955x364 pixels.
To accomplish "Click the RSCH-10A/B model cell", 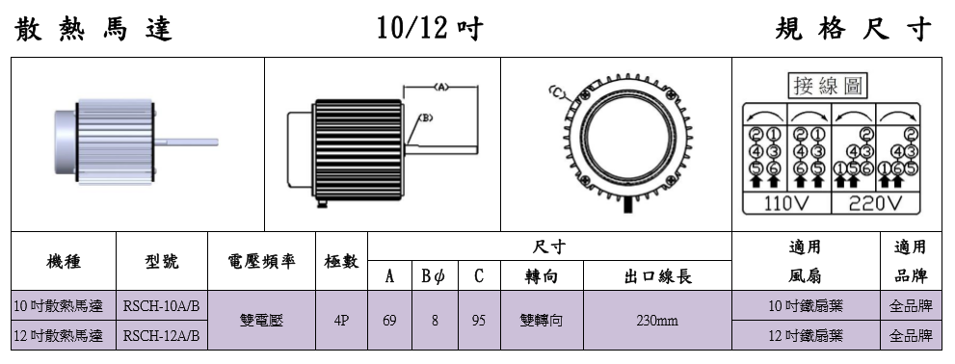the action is pos(161,306).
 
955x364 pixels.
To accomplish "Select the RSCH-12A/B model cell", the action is pos(161,335).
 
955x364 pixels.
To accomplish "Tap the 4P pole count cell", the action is pos(342,320).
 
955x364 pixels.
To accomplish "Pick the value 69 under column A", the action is pos(389,320).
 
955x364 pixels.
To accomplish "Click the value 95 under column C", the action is pos(479,320).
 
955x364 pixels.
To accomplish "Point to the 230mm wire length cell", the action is pos(657,320).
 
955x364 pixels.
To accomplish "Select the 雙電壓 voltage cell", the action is pos(261,320).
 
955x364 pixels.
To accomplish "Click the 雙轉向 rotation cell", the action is pos(542,320).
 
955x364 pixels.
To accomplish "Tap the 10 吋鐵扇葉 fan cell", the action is pos(806,306).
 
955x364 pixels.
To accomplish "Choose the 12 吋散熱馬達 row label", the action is pos(59,335).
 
